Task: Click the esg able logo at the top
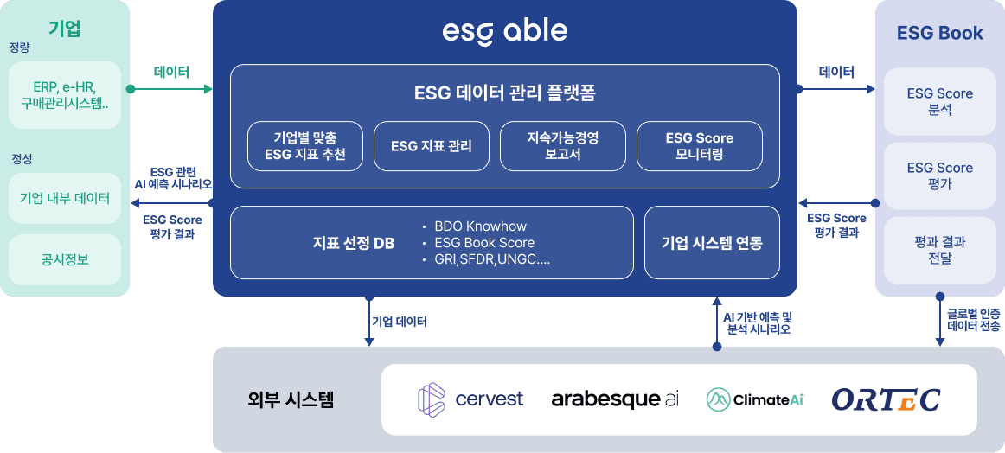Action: point(504,32)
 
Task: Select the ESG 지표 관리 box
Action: point(432,146)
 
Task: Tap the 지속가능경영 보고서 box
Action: point(563,146)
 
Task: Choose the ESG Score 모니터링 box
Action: point(700,146)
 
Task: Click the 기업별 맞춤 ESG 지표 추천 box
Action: point(305,146)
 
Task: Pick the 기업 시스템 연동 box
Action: point(712,243)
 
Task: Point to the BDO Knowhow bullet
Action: point(474,226)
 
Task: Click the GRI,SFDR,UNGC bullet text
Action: point(486,259)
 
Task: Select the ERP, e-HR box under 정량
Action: point(65,95)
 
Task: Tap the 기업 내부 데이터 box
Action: point(65,198)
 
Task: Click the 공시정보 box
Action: point(65,259)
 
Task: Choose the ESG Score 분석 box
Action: point(939,101)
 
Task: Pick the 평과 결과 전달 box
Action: point(939,250)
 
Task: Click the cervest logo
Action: point(470,399)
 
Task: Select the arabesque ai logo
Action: point(615,399)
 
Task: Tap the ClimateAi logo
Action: point(754,399)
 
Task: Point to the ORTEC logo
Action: point(886,399)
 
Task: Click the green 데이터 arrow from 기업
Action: point(171,89)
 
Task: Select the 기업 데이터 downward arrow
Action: point(369,322)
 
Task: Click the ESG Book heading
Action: point(939,34)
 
